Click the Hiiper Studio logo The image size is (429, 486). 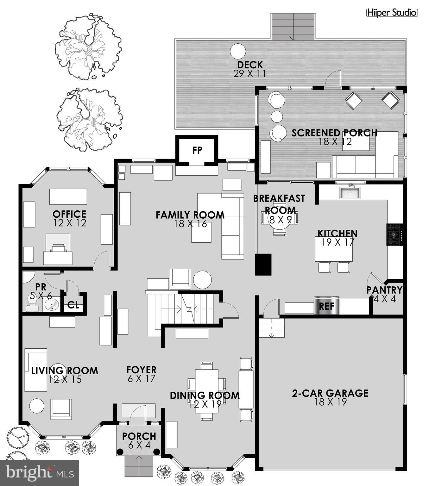pos(392,13)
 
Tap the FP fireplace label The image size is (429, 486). pos(197,150)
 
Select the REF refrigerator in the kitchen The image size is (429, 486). pos(326,306)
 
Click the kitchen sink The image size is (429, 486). pos(350,193)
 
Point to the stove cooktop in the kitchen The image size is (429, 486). pos(395,234)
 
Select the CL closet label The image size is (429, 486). pos(73,305)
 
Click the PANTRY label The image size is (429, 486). pos(384,290)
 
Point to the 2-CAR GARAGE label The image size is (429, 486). pos(330,393)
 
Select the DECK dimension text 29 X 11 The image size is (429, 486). pos(249,74)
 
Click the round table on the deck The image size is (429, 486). pos(237,51)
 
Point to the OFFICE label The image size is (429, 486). pos(69,214)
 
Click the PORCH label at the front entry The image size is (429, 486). pos(139,436)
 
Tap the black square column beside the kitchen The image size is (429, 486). pos(264,264)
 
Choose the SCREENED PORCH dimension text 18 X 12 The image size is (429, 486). pos(335,142)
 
